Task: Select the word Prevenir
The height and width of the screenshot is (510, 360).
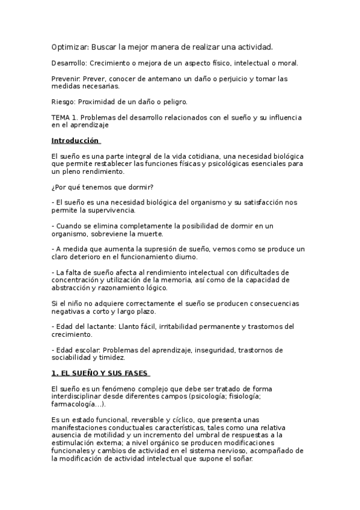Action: click(x=65, y=78)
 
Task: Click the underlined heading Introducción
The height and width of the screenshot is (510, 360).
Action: click(x=75, y=140)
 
